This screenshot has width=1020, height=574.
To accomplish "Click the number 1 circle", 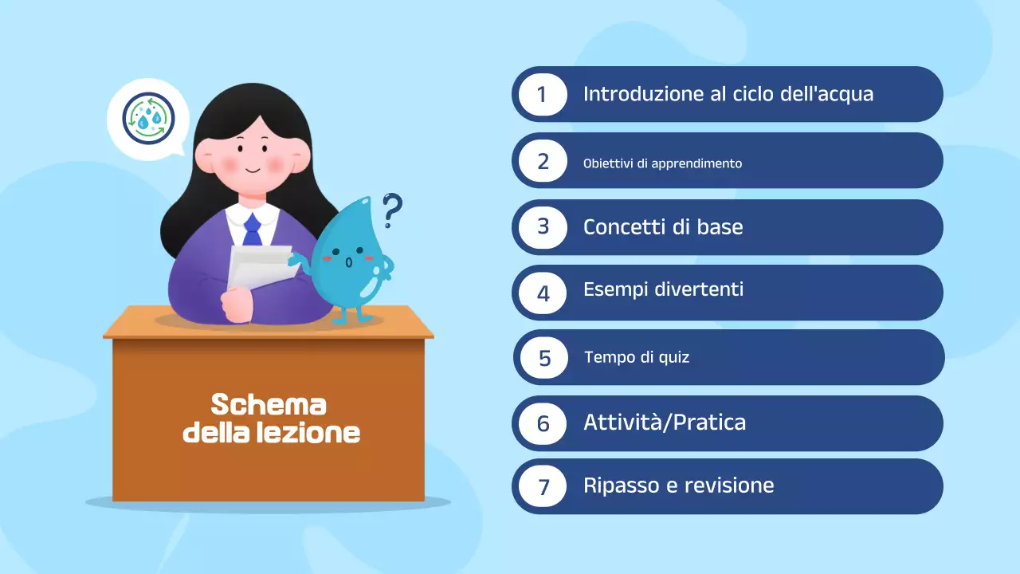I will [x=543, y=94].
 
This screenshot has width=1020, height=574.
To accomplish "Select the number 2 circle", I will [x=543, y=161].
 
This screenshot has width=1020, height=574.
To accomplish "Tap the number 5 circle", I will [x=544, y=357].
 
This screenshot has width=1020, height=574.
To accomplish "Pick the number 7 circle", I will [x=543, y=486].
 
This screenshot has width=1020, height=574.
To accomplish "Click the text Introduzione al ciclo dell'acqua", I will [x=728, y=94].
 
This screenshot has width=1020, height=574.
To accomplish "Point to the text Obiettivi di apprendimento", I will [x=662, y=163].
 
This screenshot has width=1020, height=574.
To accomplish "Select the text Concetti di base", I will [x=663, y=226].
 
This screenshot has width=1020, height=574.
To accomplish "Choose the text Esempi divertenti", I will [x=663, y=289].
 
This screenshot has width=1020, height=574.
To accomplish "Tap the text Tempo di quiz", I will [x=637, y=357].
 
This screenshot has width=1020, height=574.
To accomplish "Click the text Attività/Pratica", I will [x=664, y=422].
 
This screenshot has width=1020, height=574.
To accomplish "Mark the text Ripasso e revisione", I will [x=678, y=486].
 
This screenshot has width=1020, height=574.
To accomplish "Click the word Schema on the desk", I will [x=269, y=405].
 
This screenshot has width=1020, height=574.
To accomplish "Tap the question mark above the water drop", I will [x=391, y=210].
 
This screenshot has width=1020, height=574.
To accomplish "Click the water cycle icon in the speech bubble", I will [x=148, y=119].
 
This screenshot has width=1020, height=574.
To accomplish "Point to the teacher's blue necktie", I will [x=252, y=229].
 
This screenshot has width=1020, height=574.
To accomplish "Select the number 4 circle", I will [x=543, y=293].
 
